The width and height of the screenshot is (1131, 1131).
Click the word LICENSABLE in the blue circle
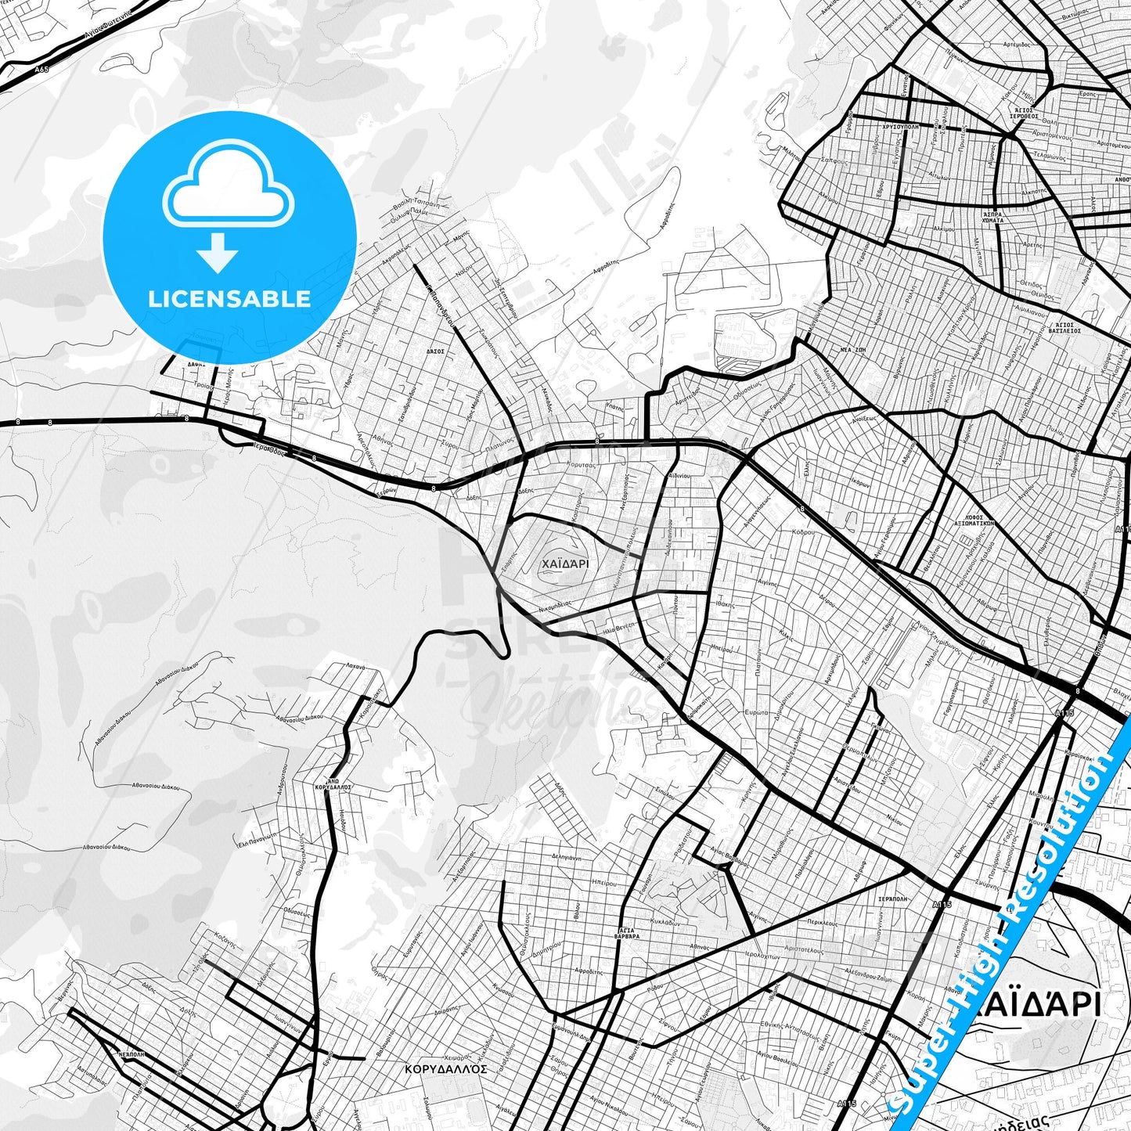point(229,299)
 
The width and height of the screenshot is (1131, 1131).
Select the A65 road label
point(41,70)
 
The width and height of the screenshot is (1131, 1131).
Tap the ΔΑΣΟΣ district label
point(435,351)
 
